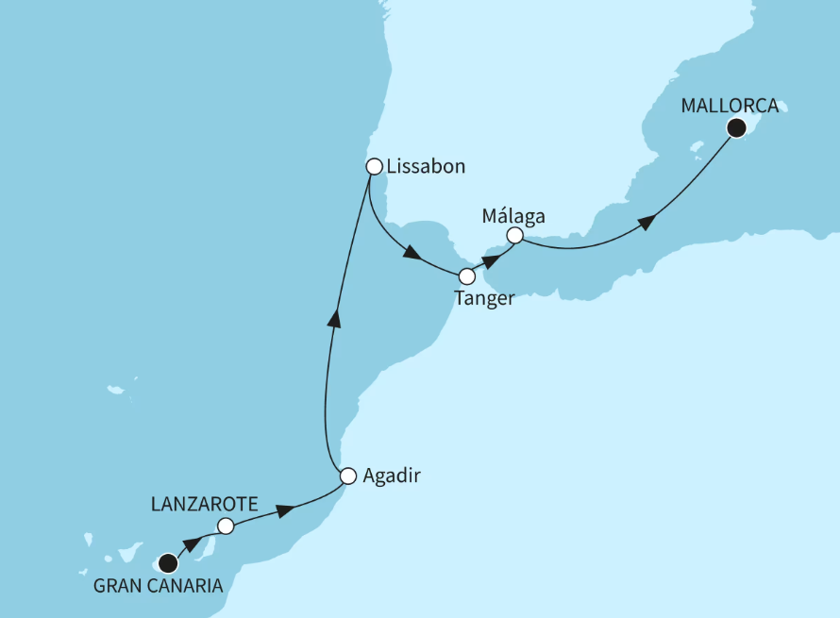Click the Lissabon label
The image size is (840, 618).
(x=427, y=167)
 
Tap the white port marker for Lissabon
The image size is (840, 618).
(x=373, y=166)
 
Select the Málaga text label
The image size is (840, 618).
(x=513, y=214)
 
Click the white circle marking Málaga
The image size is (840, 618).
(x=514, y=235)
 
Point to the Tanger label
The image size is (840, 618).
(x=484, y=299)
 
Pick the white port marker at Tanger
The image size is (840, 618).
(x=466, y=276)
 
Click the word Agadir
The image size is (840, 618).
(x=391, y=476)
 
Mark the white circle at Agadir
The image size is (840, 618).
(x=348, y=476)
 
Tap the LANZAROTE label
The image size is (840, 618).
(x=204, y=505)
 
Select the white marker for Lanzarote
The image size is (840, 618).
(x=225, y=526)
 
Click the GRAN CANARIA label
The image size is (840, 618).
(x=159, y=586)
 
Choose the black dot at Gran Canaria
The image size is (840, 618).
(x=168, y=564)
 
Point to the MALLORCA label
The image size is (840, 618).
(x=730, y=106)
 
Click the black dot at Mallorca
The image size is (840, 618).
(x=736, y=128)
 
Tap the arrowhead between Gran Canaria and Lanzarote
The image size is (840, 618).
(x=192, y=544)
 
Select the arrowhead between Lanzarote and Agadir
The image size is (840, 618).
(x=282, y=510)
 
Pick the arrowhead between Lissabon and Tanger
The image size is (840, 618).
(x=411, y=254)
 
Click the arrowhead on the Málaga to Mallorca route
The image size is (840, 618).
(x=646, y=223)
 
